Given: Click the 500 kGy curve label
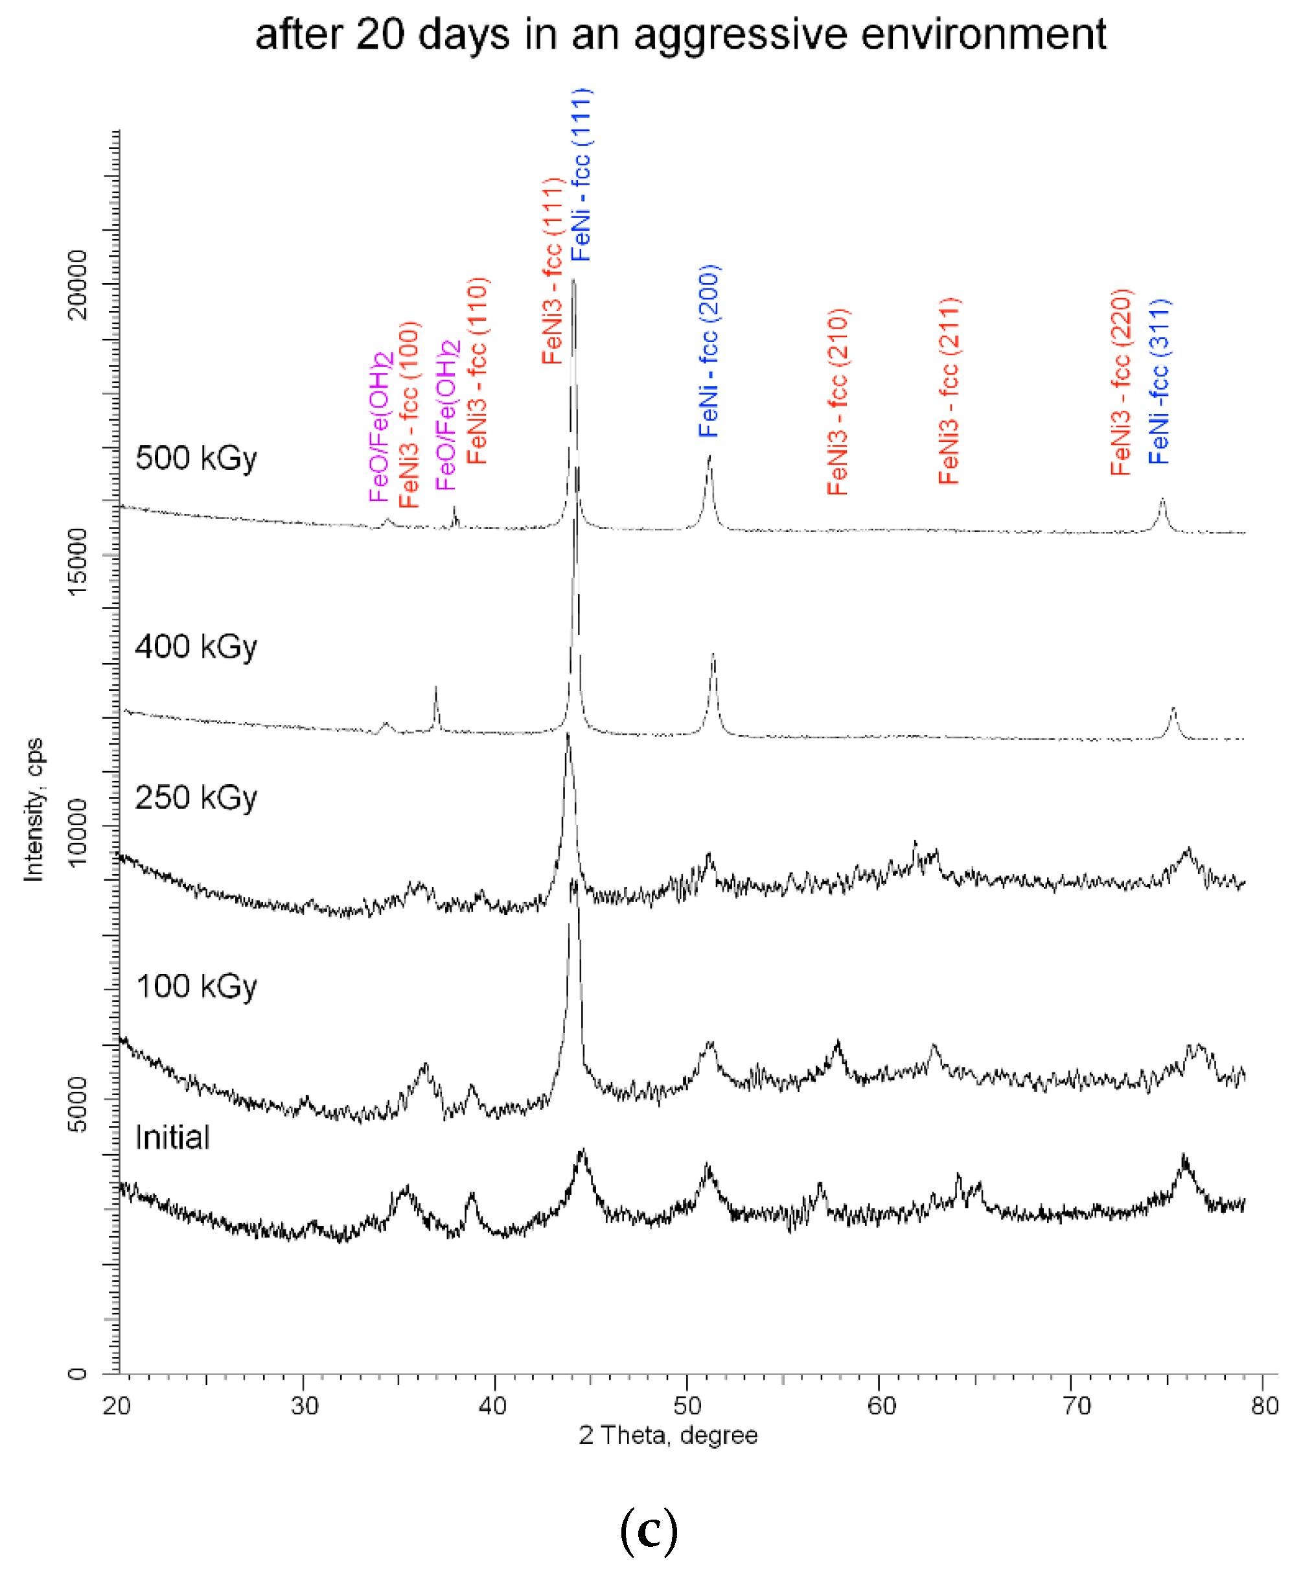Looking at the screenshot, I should pyautogui.click(x=196, y=458).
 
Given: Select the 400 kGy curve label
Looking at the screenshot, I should pyautogui.click(x=196, y=647).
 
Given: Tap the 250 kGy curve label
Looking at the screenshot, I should pyautogui.click(x=196, y=798).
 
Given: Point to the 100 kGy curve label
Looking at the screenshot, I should pyautogui.click(x=196, y=987).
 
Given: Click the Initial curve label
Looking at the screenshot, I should pyautogui.click(x=172, y=1137).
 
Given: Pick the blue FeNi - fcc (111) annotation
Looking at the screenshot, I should pyautogui.click(x=581, y=174).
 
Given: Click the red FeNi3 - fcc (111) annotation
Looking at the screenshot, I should pyautogui.click(x=551, y=272).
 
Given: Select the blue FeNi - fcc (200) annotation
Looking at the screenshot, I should pyautogui.click(x=709, y=351).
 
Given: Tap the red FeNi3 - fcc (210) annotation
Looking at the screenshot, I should pyautogui.click(x=838, y=402).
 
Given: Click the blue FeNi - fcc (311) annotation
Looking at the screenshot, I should pyautogui.click(x=1159, y=382).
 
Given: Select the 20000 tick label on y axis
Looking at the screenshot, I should pyautogui.click(x=77, y=284).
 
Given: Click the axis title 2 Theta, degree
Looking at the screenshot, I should pyautogui.click(x=668, y=1435).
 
